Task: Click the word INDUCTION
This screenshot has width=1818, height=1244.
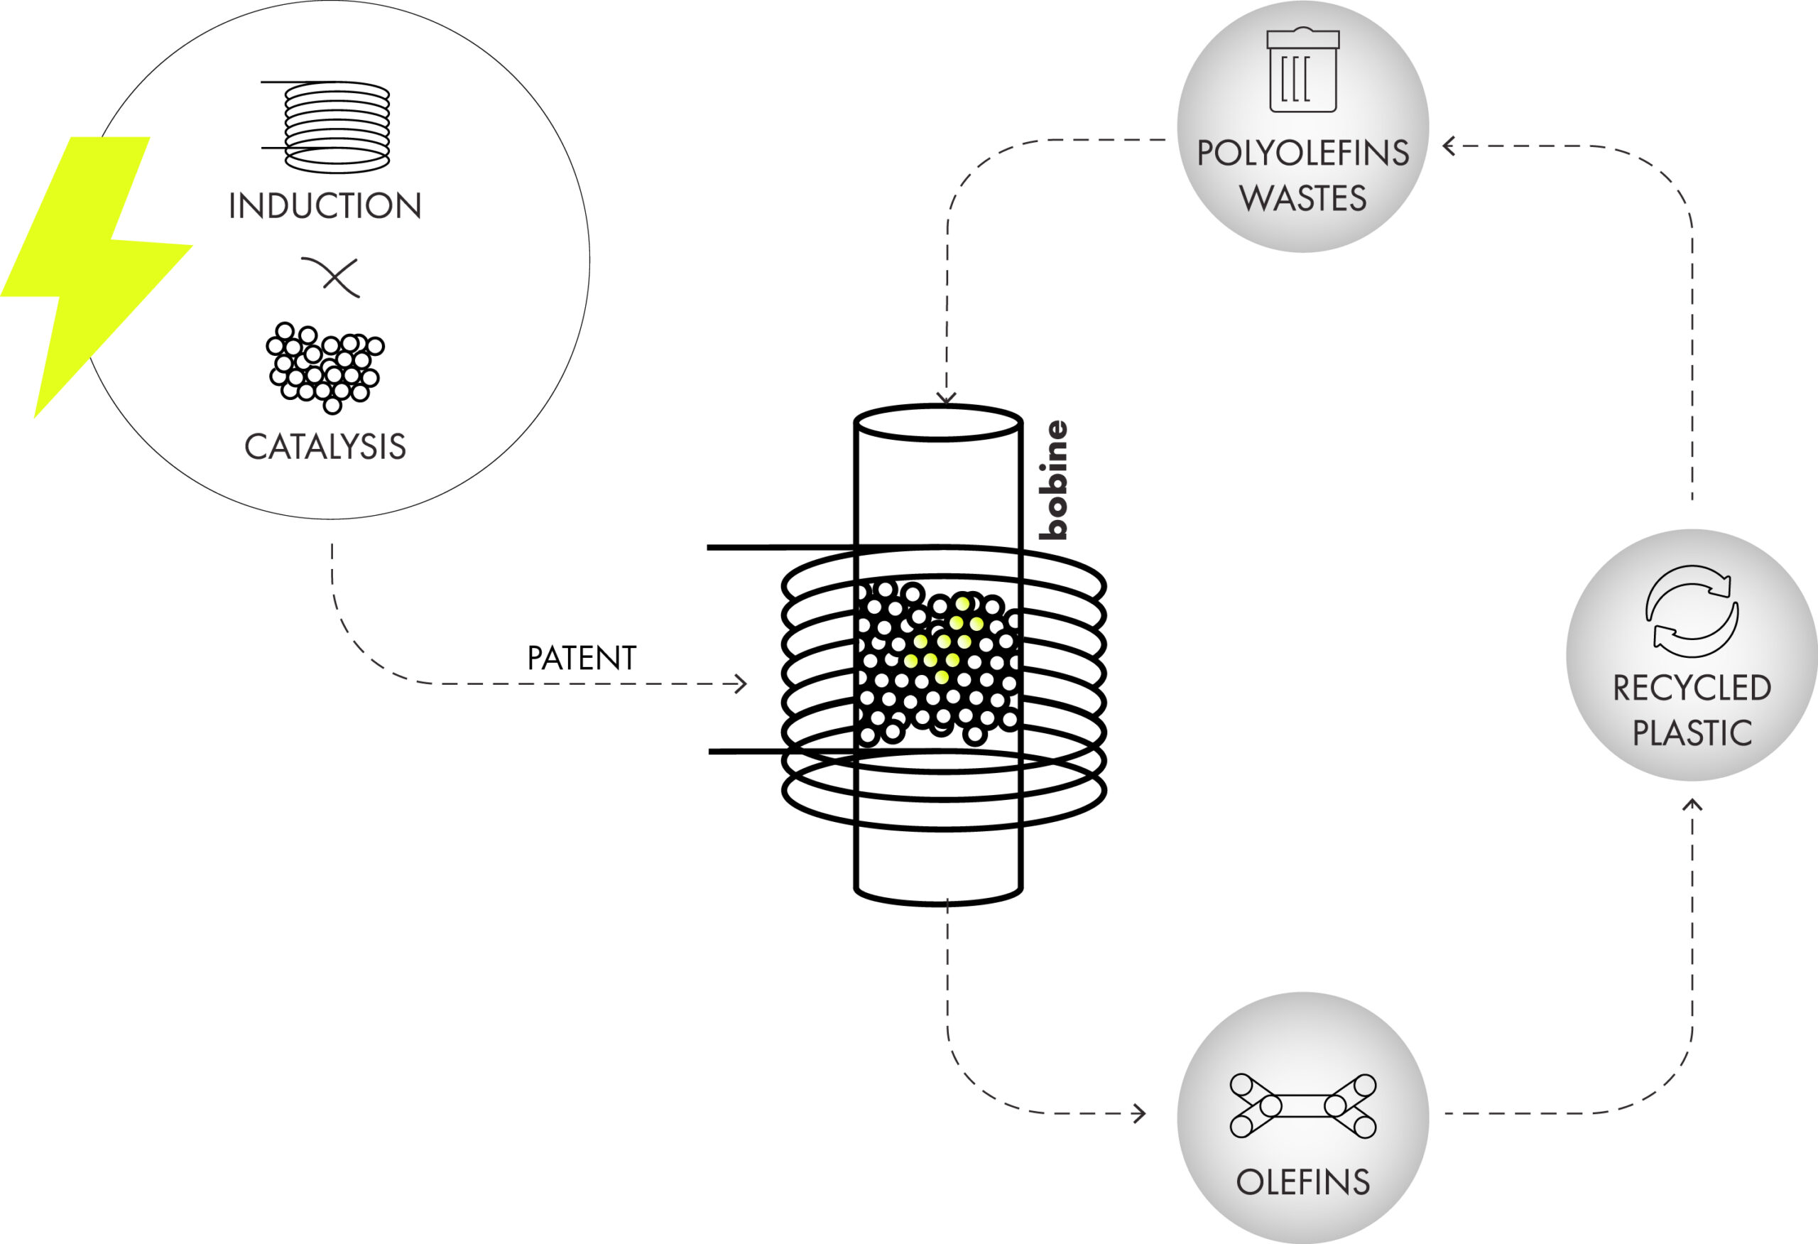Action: coord(325,206)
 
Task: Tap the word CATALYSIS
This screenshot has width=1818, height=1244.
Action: coord(325,447)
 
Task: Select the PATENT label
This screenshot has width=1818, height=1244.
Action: coord(581,658)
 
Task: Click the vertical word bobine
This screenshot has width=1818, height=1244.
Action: coord(1053,480)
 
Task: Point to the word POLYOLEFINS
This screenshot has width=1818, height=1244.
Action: coord(1302,153)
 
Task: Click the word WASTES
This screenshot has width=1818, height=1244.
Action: coord(1302,198)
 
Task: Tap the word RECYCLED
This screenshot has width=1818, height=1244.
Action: coord(1692,688)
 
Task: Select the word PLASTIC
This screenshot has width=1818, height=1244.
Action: coord(1692,733)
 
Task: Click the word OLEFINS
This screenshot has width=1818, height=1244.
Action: coord(1302,1182)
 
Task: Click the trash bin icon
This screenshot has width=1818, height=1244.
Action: coord(1302,70)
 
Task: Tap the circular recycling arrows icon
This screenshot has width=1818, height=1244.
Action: coord(1692,611)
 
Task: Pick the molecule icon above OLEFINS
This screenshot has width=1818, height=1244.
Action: coord(1302,1105)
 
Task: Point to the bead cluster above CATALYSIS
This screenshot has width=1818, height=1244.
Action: coord(325,367)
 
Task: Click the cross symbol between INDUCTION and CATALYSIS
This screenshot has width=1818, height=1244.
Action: coord(331,277)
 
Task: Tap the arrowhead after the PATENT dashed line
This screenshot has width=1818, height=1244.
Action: coord(740,683)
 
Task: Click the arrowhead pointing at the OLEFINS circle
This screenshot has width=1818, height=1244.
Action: coord(1140,1113)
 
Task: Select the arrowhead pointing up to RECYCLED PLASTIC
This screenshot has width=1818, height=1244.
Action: coord(1692,805)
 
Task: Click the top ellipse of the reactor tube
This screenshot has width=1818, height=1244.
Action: coord(938,423)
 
